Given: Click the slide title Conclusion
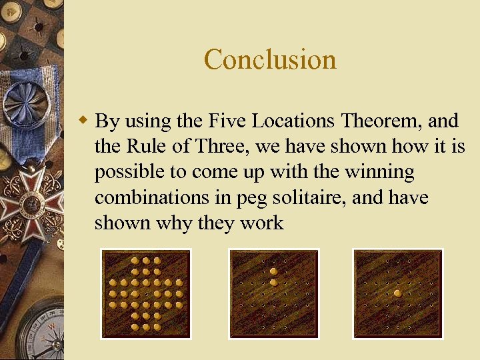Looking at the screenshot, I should pos(270,59).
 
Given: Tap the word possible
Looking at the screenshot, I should pos(128,172).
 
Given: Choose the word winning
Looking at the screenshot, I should pos(379,171).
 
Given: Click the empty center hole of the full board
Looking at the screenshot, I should pos(145,293).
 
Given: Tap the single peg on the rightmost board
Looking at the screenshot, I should pos(398,293).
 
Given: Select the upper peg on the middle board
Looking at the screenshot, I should pos(273,271).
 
